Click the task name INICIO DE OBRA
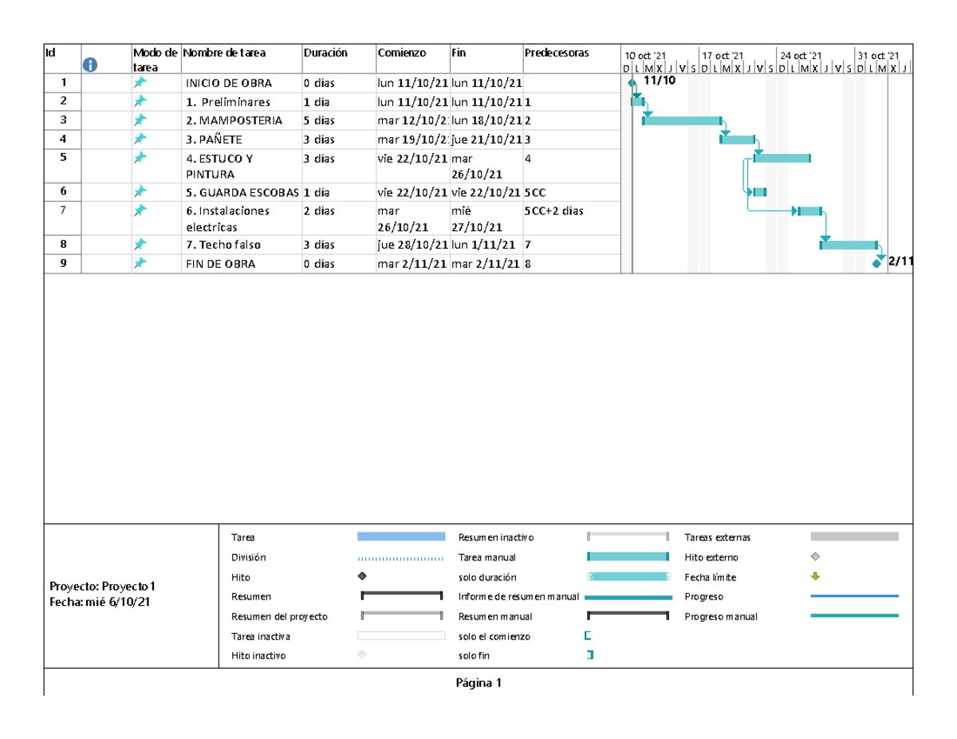click(x=228, y=83)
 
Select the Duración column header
click(x=325, y=53)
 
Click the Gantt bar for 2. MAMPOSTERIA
click(x=682, y=120)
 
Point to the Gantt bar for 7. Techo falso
click(x=849, y=245)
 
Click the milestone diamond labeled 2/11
click(x=877, y=263)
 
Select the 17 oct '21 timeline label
click(x=722, y=55)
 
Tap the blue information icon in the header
click(x=90, y=65)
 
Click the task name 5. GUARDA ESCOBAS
click(x=242, y=192)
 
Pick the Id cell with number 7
click(x=63, y=210)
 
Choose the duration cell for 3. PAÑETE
click(x=319, y=140)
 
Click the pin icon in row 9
click(x=140, y=264)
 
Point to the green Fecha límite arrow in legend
click(x=814, y=576)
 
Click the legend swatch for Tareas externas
click(x=854, y=537)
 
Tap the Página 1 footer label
click(x=478, y=683)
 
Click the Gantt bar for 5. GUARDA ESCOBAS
click(x=759, y=192)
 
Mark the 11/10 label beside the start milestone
click(x=659, y=81)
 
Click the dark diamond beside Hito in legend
click(x=362, y=576)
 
